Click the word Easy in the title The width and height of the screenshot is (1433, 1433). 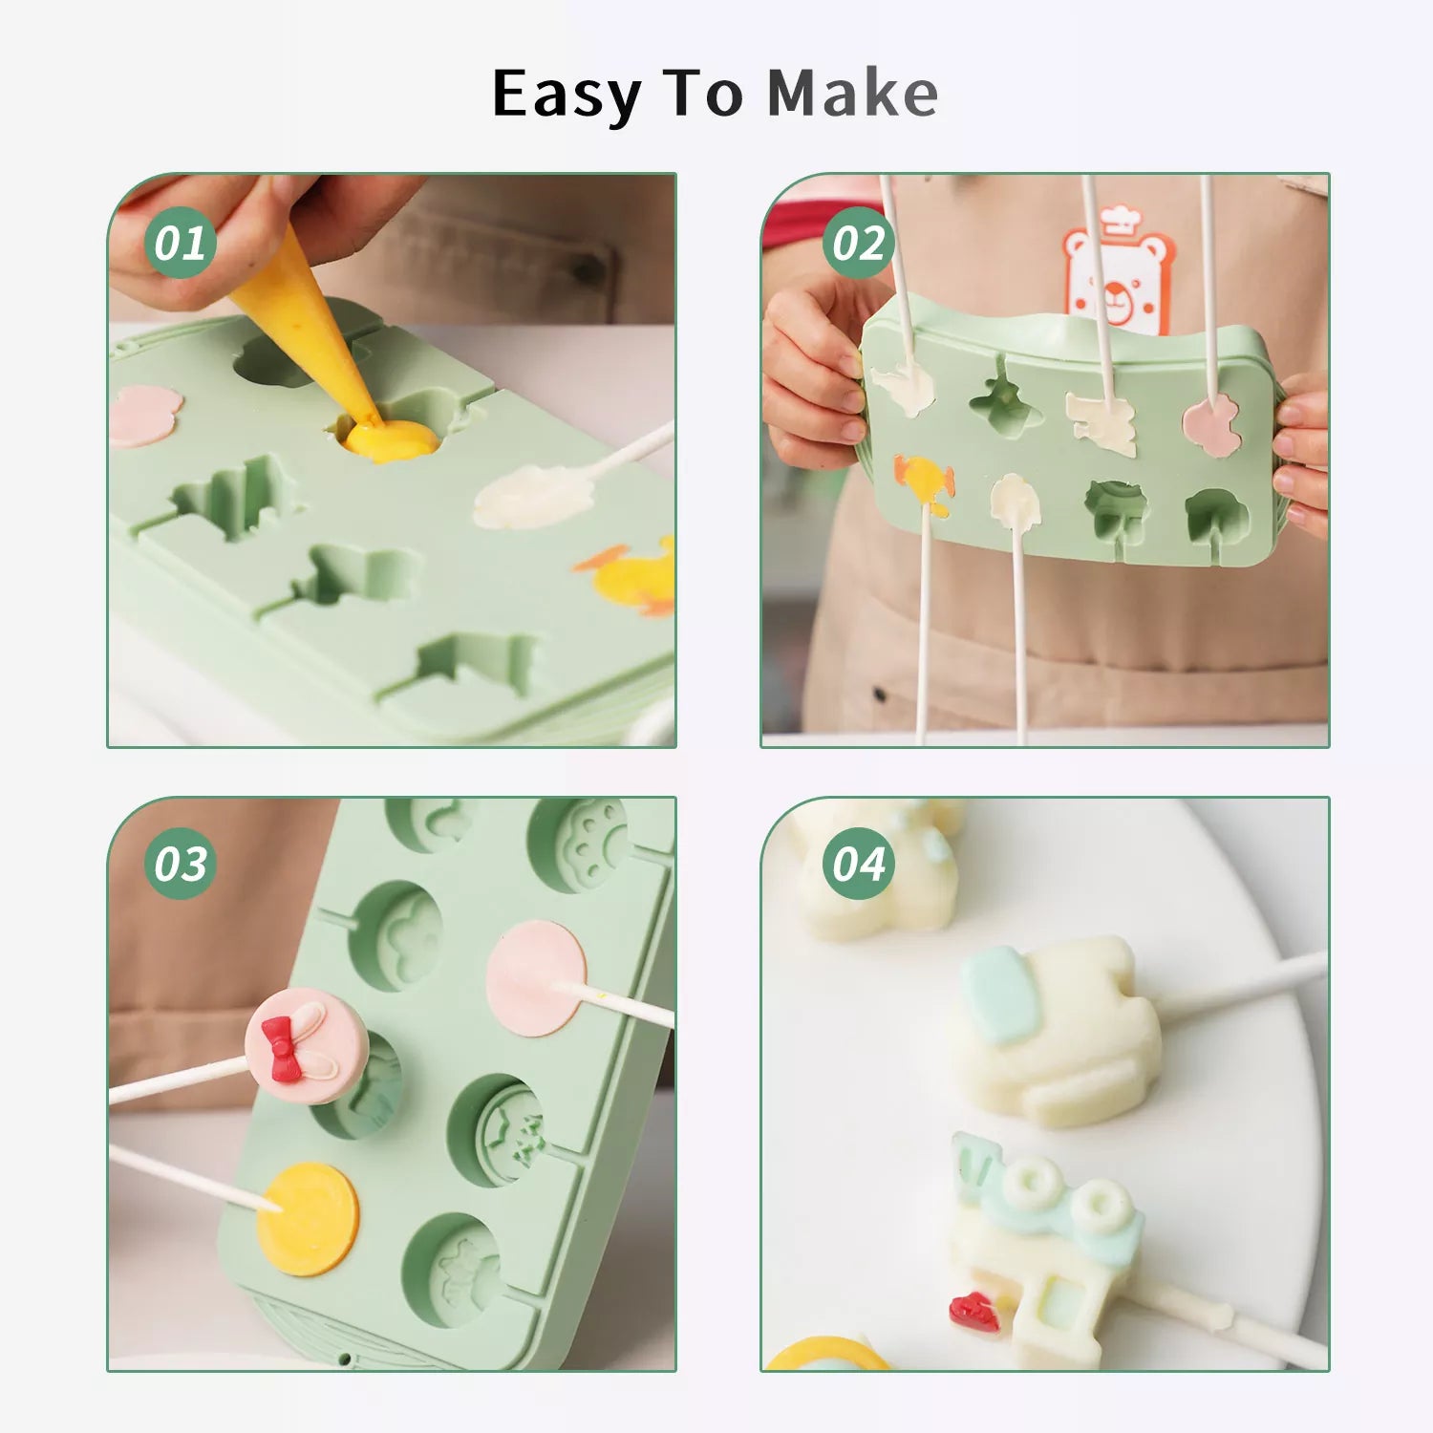point(567,96)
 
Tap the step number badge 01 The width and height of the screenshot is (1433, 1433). point(180,243)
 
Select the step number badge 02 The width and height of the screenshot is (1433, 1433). point(858,243)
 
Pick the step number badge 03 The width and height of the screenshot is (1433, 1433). point(180,864)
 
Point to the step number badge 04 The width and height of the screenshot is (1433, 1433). point(858,864)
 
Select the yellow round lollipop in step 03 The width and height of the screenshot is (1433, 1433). point(308,1218)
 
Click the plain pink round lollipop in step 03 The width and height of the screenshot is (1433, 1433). point(535,978)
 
